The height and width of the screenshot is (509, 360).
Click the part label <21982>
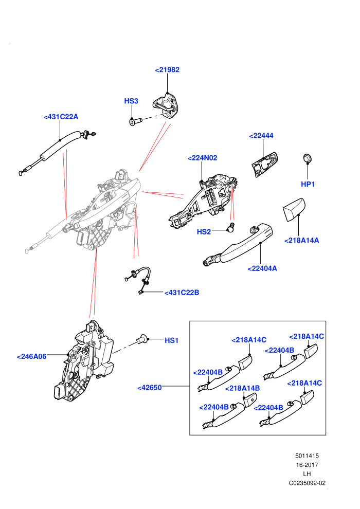167,70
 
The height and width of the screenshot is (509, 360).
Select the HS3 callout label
131,101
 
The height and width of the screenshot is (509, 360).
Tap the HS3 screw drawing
136,122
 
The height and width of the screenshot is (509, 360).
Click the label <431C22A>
61,117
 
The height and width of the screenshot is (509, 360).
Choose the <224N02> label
202,158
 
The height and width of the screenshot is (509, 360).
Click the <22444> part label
261,136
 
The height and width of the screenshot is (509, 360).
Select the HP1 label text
308,185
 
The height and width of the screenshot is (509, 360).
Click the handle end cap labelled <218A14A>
294,209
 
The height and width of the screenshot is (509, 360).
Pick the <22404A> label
262,269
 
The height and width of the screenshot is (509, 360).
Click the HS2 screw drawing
231,227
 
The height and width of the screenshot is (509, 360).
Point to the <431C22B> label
182,293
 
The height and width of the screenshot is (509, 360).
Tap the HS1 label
171,340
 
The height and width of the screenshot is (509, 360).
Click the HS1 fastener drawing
141,339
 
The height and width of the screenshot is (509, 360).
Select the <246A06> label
32,357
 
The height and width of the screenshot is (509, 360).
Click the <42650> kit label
150,388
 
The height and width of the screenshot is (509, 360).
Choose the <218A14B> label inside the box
243,388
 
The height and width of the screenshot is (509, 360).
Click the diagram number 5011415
307,456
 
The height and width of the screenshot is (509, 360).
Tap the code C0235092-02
307,483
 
